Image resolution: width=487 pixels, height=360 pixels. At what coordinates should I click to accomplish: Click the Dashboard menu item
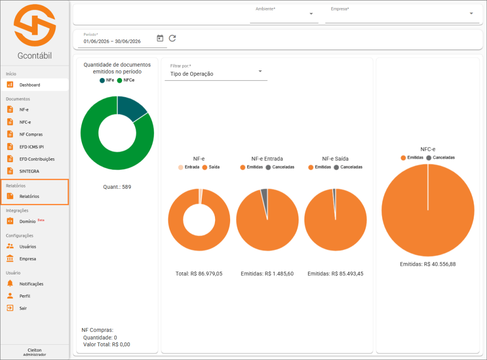click(30, 85)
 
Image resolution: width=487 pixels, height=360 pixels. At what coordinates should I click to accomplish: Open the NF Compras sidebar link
click(31, 135)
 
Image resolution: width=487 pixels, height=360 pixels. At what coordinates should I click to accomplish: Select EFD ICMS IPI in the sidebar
click(31, 147)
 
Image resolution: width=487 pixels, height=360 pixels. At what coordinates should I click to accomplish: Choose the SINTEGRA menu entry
click(29, 171)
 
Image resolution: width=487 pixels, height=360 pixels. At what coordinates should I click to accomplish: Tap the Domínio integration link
click(28, 222)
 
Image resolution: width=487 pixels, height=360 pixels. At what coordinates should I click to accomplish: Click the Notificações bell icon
click(10, 283)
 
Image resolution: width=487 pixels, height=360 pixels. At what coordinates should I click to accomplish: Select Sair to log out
click(23, 308)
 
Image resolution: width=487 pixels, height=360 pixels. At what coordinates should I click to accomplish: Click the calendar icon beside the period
click(160, 38)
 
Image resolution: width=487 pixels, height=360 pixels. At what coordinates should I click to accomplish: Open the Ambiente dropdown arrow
click(311, 14)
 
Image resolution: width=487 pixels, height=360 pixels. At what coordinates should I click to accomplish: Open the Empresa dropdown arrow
click(471, 13)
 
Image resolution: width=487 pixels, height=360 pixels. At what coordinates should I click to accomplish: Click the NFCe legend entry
click(126, 80)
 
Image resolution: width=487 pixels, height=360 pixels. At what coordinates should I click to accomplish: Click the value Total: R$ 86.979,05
click(199, 273)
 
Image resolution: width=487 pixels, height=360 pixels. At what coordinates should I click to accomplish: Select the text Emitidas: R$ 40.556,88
click(428, 264)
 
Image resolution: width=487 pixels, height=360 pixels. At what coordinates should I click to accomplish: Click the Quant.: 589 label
click(117, 187)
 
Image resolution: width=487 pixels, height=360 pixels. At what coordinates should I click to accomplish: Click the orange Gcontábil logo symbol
click(35, 25)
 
